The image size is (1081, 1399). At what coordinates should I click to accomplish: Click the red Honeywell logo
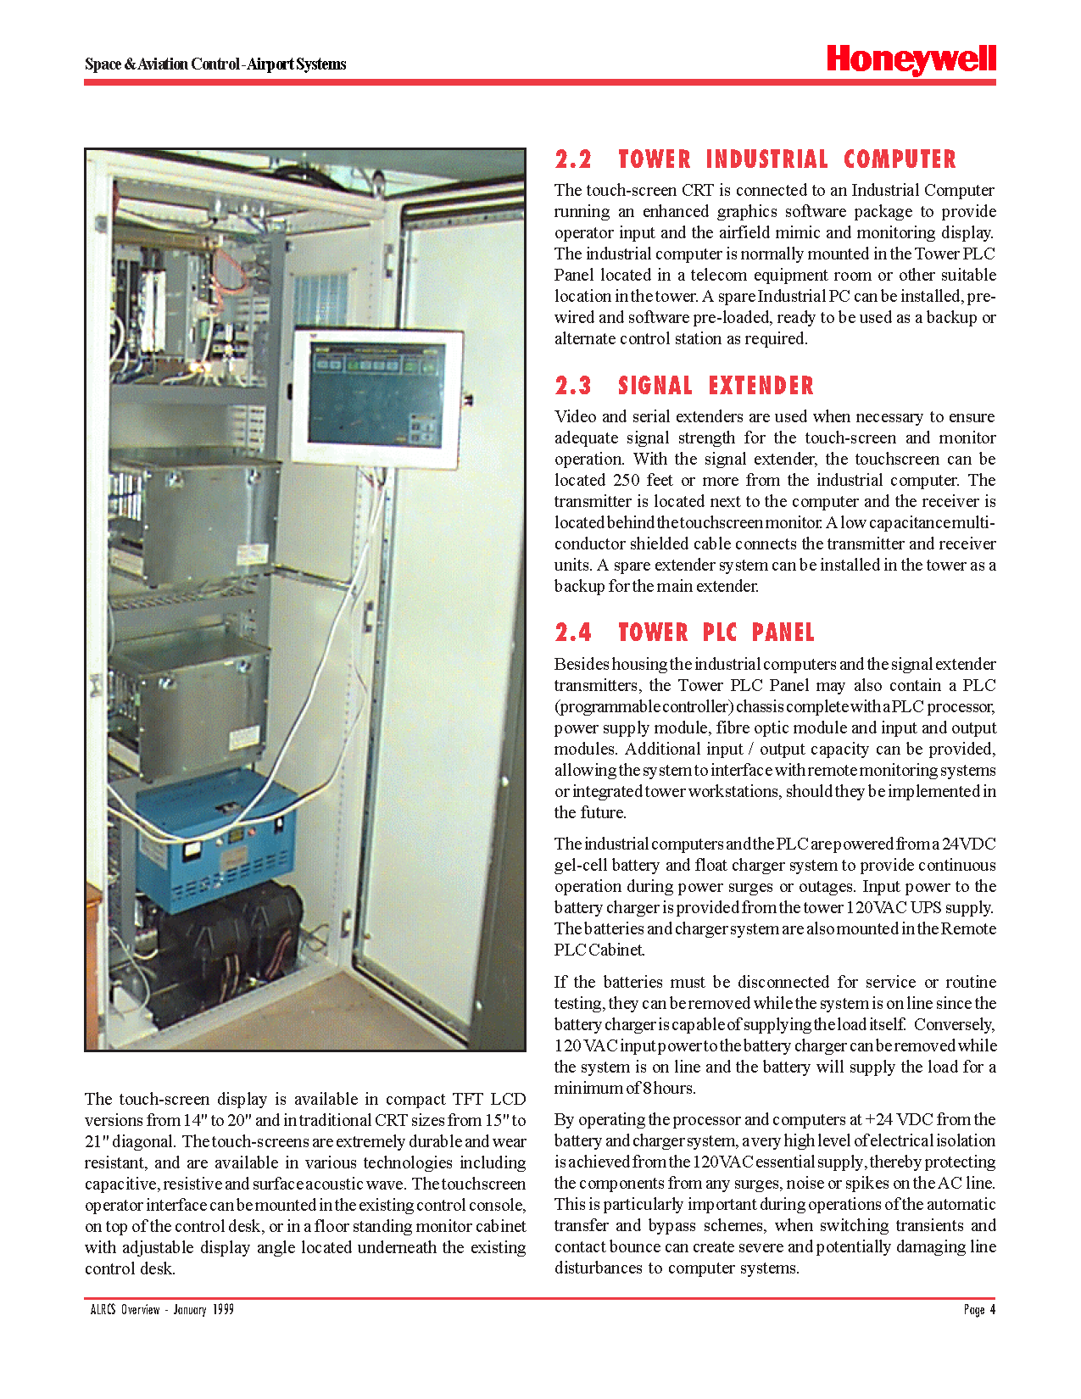tap(911, 59)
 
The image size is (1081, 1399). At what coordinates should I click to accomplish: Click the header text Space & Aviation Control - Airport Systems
tap(215, 64)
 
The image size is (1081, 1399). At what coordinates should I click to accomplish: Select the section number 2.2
tap(573, 159)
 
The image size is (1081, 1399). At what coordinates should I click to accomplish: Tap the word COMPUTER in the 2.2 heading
tap(900, 159)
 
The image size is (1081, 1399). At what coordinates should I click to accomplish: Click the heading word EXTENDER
tap(761, 386)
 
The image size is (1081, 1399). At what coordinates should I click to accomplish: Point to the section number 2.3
tap(573, 386)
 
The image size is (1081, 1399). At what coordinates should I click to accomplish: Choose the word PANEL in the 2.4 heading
tap(783, 633)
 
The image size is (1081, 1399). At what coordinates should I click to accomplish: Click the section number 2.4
tap(573, 633)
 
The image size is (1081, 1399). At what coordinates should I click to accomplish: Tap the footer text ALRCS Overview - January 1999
tap(162, 1310)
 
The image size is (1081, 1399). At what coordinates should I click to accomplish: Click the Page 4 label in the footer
tap(979, 1310)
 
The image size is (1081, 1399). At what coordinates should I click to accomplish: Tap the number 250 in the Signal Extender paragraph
tap(627, 480)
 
